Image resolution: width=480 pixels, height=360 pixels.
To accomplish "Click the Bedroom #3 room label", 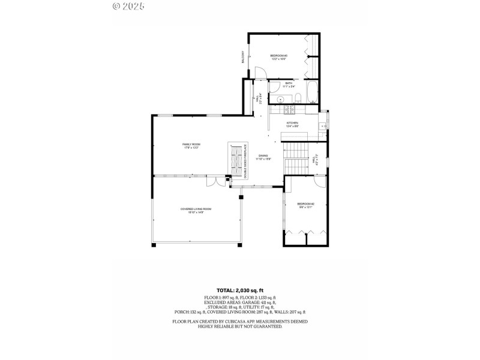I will click(x=278, y=57).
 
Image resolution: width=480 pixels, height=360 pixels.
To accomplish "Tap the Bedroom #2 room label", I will click(x=305, y=206).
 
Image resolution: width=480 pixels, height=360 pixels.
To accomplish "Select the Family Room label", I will click(x=191, y=145).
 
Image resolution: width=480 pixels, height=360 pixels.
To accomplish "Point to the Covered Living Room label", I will click(x=196, y=210).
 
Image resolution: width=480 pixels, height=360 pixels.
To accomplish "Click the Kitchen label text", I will click(x=292, y=124).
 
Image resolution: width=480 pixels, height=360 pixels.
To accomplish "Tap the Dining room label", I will click(x=263, y=157).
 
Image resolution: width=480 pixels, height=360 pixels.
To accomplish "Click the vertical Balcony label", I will click(x=243, y=58).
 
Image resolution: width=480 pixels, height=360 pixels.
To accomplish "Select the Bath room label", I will click(x=289, y=85).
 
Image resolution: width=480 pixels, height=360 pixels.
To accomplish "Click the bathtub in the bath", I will click(x=312, y=92).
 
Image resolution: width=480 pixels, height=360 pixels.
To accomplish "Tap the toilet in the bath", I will click(x=297, y=99).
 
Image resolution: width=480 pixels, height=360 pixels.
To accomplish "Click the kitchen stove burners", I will click(x=287, y=109).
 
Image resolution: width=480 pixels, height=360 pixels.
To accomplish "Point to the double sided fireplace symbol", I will click(x=238, y=160).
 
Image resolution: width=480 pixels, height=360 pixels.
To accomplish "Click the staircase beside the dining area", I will click(x=296, y=159).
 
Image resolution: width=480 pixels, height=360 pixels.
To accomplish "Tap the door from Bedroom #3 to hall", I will click(x=260, y=74).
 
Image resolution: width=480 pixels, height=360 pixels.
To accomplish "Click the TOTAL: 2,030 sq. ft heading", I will click(x=239, y=290).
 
